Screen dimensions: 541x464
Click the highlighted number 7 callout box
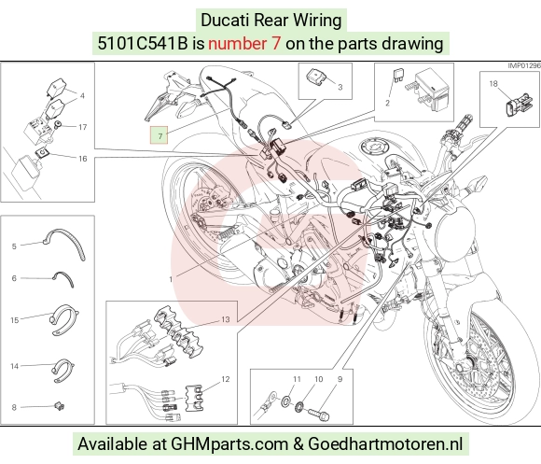(159, 135)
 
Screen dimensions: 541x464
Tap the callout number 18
(493, 83)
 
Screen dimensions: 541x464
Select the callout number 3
(340, 87)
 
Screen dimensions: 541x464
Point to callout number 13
(226, 319)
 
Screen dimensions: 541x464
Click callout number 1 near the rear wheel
(171, 278)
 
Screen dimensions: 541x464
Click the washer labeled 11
(286, 401)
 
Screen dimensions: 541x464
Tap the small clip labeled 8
(60, 406)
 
